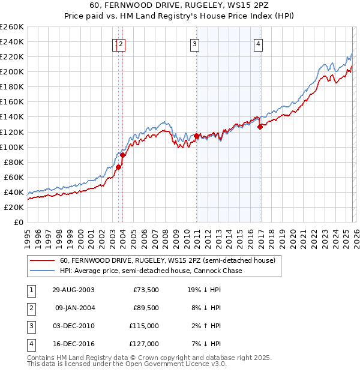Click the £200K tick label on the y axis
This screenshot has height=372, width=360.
12,71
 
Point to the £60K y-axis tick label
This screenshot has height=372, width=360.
14,177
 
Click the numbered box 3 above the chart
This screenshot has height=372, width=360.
196,43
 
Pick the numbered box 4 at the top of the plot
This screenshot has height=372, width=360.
258,43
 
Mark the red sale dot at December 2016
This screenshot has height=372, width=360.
260,127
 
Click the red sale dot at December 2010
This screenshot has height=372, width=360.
196,136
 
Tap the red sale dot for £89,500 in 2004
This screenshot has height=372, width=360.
122,155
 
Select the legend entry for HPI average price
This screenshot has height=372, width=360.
151,271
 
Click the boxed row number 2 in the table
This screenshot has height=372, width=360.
31,307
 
